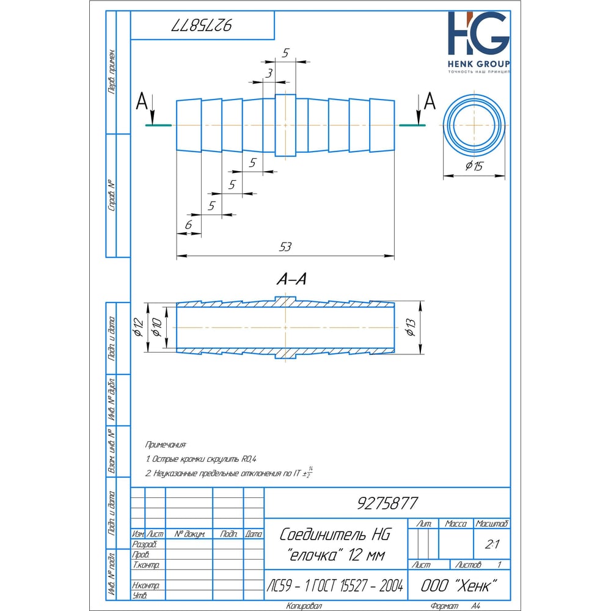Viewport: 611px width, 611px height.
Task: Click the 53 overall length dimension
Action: coord(285,247)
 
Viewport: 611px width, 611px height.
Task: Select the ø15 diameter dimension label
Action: coord(474,166)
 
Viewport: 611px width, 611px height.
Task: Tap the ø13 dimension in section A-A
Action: coord(411,327)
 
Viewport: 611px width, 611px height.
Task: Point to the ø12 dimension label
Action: coord(138,327)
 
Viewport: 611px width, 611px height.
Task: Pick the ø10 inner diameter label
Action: coord(156,327)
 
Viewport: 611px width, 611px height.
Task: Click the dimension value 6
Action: coord(189,225)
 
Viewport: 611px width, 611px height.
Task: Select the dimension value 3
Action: coord(269,73)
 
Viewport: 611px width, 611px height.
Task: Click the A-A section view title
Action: coord(291,279)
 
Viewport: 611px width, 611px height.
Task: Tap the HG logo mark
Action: coord(478,33)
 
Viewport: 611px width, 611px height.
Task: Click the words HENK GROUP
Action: coord(478,64)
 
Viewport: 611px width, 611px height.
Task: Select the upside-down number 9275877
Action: coord(202,25)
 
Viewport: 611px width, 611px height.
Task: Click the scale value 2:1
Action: coord(492,544)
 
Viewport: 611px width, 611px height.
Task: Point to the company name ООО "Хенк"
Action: coord(459,585)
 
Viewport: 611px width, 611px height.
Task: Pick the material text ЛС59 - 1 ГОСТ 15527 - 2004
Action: coord(335,585)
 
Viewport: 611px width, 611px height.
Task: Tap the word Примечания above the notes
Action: coord(166,445)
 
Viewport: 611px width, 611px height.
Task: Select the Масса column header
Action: coord(456,524)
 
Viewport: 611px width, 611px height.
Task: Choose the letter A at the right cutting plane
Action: coord(430,101)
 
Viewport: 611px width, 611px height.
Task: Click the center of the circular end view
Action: coord(474,125)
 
